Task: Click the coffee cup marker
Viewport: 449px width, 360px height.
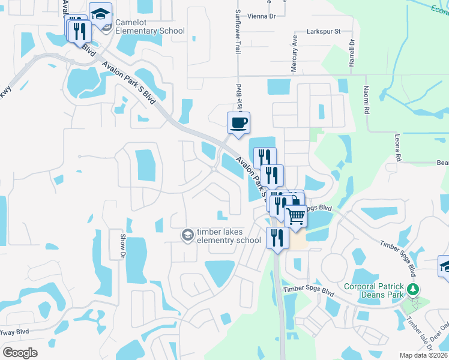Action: click(x=238, y=124)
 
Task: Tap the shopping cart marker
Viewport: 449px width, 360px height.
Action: click(x=295, y=215)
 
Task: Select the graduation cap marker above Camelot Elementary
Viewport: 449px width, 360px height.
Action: click(x=101, y=14)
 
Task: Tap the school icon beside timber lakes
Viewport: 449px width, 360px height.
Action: click(x=188, y=235)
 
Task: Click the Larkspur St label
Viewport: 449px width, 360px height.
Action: click(x=323, y=31)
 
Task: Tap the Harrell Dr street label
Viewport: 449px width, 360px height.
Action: click(x=352, y=53)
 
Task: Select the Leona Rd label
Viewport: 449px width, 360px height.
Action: click(x=398, y=147)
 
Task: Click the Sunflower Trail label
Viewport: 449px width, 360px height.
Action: click(x=238, y=29)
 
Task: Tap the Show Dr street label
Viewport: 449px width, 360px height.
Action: click(x=122, y=246)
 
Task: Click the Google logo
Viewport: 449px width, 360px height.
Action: click(x=20, y=352)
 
